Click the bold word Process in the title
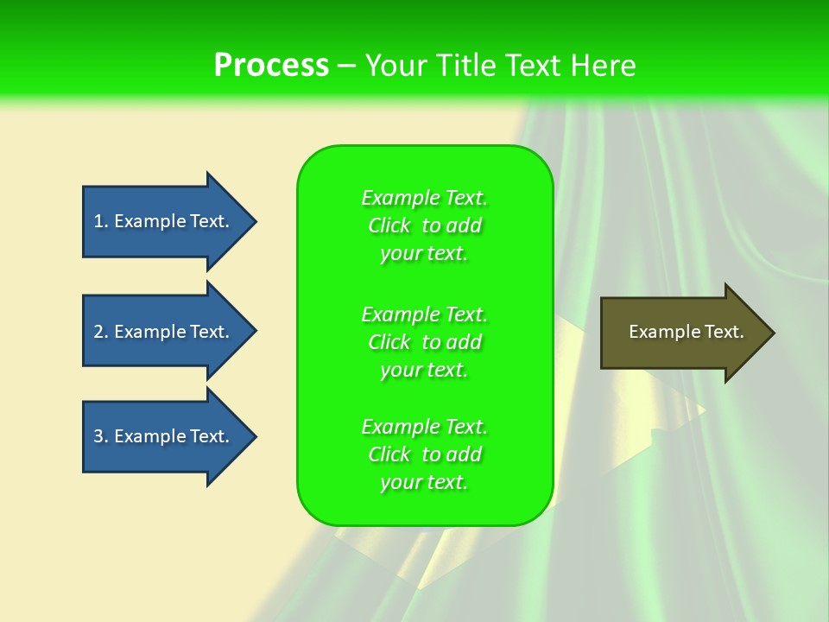271,66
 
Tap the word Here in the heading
604,66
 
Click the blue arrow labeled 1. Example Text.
164,221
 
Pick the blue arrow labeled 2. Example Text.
164,332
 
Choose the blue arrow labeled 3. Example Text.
164,436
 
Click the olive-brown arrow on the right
682,333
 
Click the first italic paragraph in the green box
424,225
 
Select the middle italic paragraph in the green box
424,342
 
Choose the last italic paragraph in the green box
424,454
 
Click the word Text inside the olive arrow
724,332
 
